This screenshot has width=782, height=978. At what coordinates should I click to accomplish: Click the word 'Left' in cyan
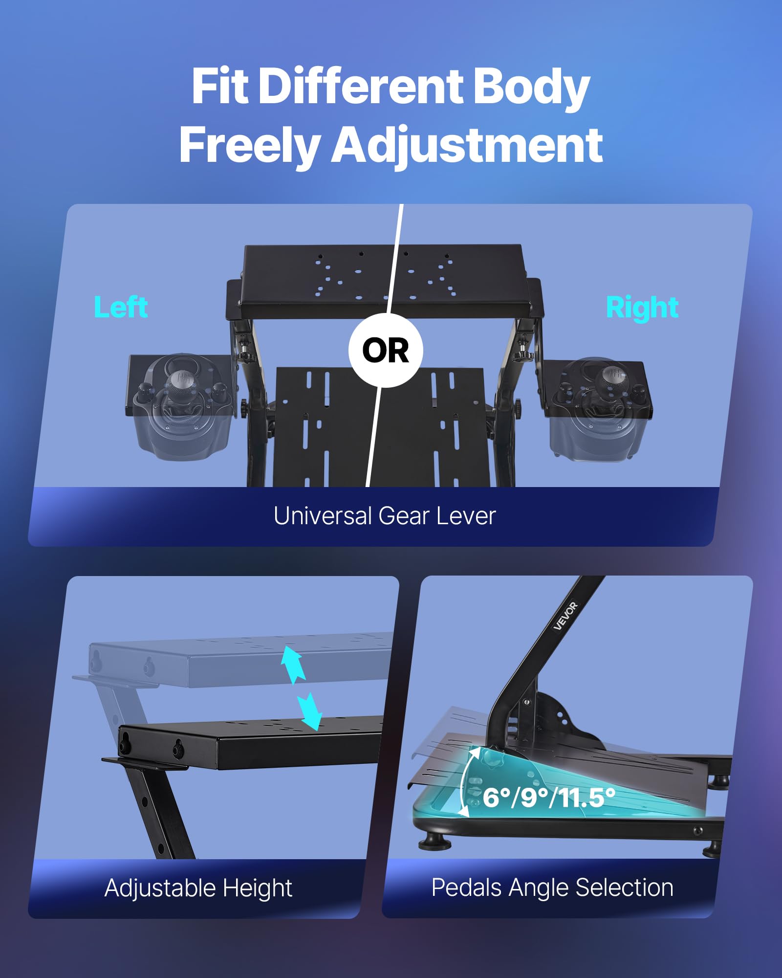tap(121, 307)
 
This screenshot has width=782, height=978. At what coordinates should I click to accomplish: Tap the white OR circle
tap(386, 351)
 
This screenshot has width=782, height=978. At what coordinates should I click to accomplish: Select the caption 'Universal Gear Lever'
tap(385, 516)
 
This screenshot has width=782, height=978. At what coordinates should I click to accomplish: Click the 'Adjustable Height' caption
tap(198, 888)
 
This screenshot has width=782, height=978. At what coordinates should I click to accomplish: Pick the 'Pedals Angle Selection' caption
tap(552, 888)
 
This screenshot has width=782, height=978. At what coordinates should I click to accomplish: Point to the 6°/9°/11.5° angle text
tap(549, 798)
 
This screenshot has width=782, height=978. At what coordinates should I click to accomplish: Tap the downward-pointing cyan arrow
tap(310, 711)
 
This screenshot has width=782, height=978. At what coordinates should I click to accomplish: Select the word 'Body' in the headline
tap(531, 87)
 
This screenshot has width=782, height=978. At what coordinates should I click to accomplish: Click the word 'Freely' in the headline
tap(249, 145)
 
